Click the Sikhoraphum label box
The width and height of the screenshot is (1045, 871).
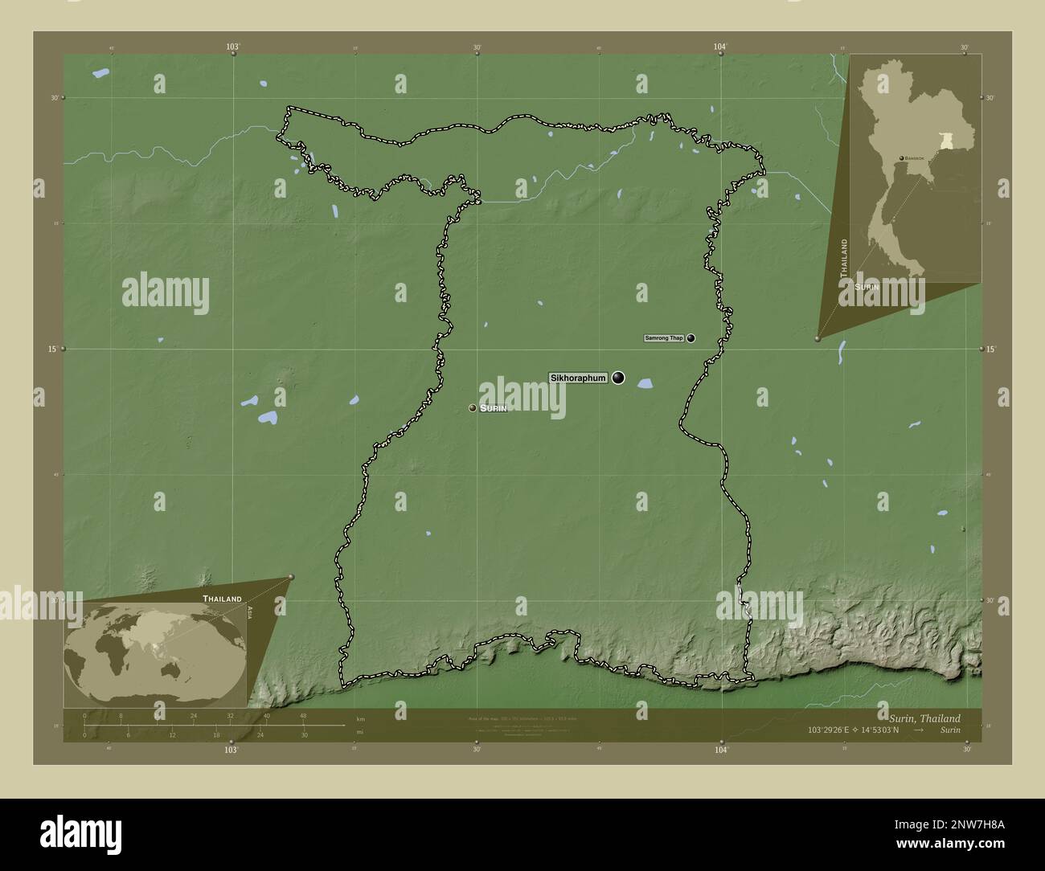tap(578, 378)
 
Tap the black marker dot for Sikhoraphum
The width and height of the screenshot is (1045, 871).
tap(618, 378)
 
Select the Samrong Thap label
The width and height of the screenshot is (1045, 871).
tap(664, 338)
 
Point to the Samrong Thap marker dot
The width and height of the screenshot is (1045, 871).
tap(691, 338)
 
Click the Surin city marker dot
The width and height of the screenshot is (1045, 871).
tap(473, 408)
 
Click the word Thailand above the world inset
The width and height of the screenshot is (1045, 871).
tap(222, 599)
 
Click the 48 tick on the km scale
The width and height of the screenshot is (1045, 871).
tap(303, 715)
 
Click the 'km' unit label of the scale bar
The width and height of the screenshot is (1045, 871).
tap(360, 718)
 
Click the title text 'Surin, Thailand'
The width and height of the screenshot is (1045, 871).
tap(924, 718)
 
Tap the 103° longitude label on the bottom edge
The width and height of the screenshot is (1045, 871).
tap(232, 750)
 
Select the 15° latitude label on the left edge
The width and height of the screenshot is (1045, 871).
tap(51, 349)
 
